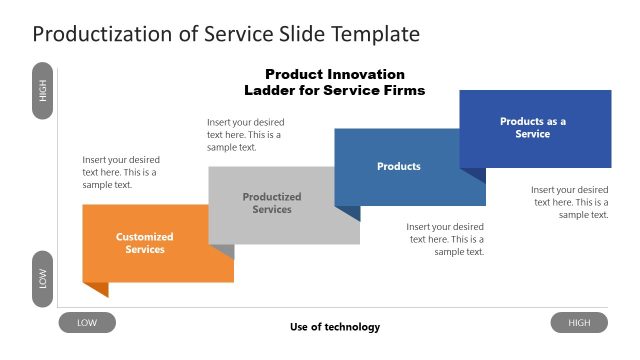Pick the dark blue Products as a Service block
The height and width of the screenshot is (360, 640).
[534, 128]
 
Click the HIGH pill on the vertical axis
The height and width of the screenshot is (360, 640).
[42, 91]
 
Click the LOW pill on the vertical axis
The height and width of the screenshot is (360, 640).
[42, 278]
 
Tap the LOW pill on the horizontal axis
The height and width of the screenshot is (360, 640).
[87, 323]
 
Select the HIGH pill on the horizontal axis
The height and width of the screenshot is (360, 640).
[579, 323]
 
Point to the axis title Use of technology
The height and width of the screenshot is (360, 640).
[335, 327]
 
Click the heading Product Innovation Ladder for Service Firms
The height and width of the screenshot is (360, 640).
[335, 82]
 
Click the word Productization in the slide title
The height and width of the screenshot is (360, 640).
[98, 34]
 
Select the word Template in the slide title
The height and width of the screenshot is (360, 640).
[373, 34]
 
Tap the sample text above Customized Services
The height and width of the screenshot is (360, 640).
[121, 172]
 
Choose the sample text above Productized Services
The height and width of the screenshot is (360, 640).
[245, 134]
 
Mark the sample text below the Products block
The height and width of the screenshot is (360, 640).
[445, 239]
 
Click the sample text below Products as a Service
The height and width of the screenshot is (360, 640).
[569, 201]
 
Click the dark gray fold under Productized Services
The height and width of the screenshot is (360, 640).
[224, 251]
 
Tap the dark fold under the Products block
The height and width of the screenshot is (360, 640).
[349, 212]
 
